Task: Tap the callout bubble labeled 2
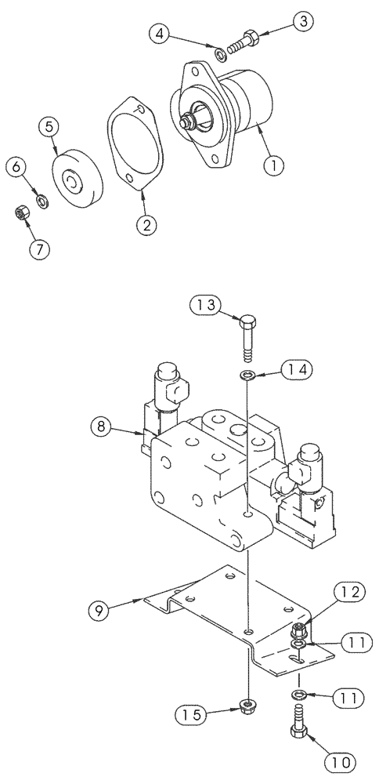pyautogui.click(x=145, y=224)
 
